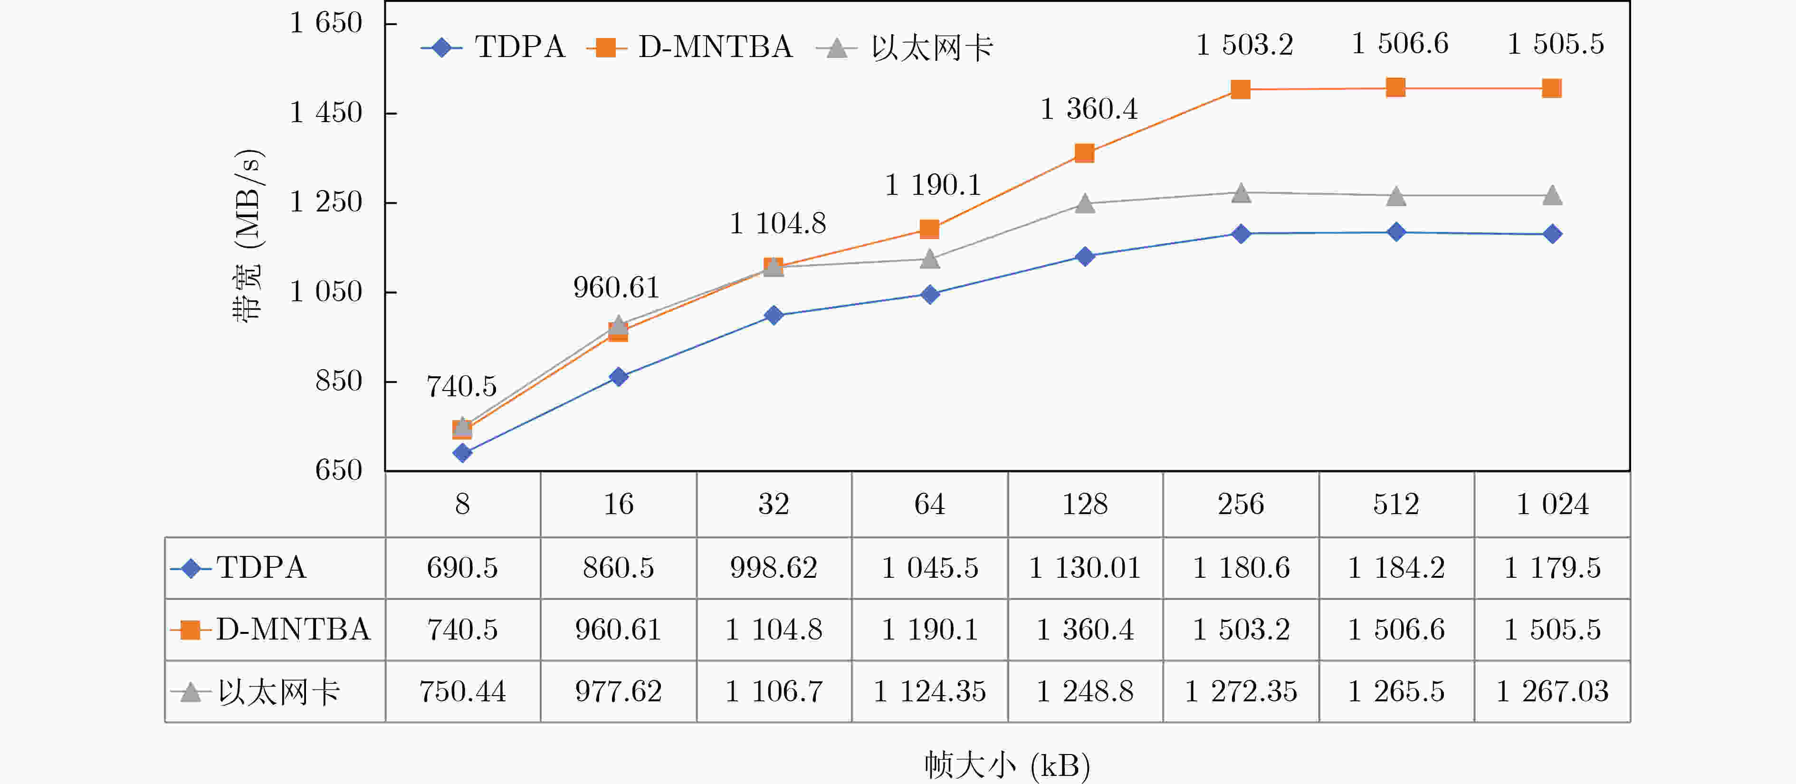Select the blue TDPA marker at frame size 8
click(x=462, y=453)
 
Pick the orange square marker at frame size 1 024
click(x=1551, y=88)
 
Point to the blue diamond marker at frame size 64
click(x=929, y=294)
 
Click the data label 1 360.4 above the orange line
click(x=1089, y=109)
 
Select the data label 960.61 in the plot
click(x=616, y=287)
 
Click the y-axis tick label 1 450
click(x=325, y=112)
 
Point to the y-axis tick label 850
click(x=338, y=381)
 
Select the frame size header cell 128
click(x=1085, y=504)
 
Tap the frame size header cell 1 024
click(x=1552, y=504)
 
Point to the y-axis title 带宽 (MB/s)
click(x=248, y=235)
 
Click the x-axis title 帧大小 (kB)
click(x=1007, y=765)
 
